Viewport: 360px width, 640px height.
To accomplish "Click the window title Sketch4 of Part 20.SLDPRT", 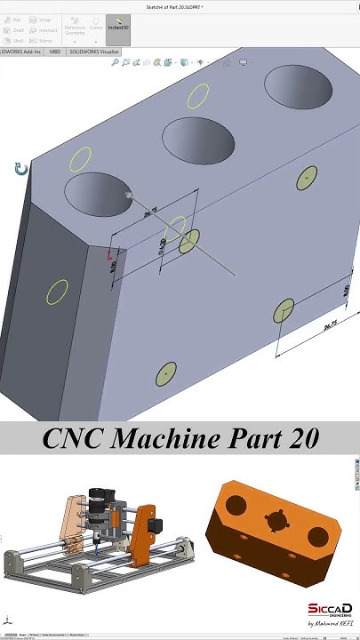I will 180,6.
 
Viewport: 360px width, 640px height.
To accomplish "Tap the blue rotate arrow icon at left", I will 21,169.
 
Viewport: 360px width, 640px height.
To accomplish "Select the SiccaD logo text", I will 330,609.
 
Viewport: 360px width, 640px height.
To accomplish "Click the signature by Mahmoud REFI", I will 330,624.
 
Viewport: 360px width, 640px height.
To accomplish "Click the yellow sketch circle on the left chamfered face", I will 57,292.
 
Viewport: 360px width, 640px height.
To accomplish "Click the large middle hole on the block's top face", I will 197,140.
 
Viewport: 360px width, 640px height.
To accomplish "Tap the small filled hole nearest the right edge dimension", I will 284,310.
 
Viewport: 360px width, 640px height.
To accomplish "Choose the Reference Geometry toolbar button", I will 75,30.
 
